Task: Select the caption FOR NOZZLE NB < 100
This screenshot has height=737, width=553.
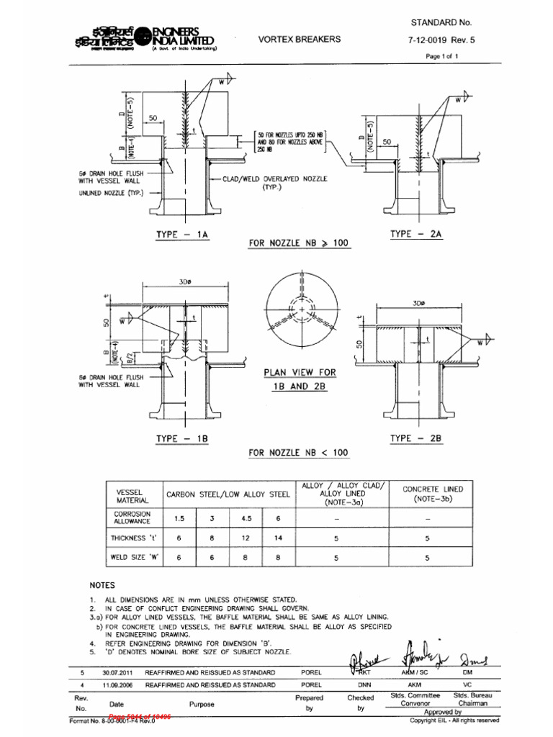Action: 298,453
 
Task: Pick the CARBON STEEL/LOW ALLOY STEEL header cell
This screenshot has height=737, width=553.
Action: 228,494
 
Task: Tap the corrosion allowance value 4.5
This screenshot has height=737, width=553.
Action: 245,517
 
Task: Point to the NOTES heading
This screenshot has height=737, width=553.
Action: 102,586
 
